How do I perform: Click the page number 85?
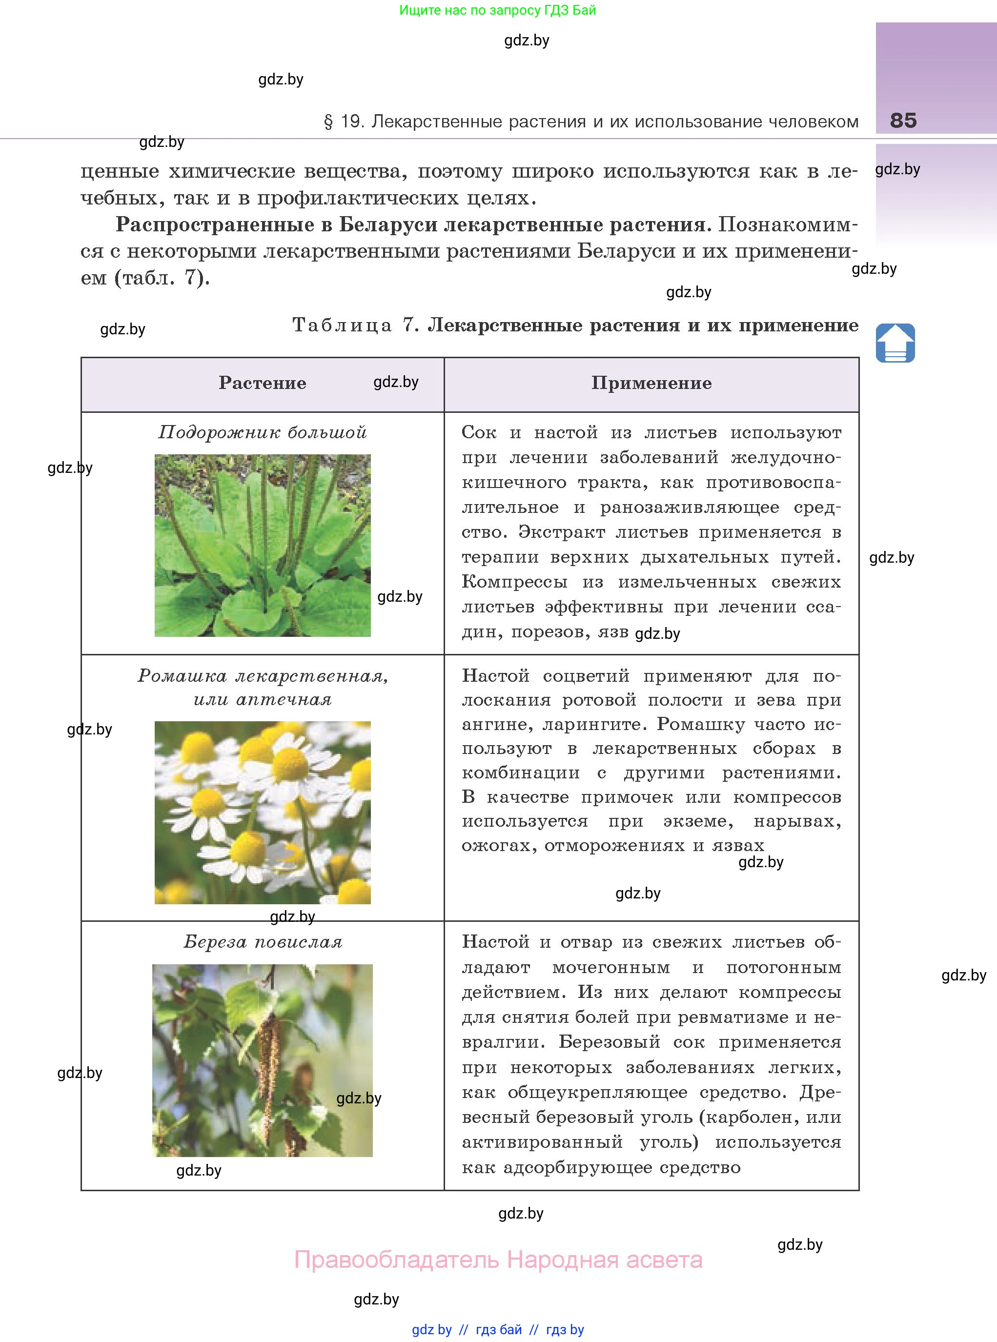903,120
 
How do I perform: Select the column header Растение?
263,383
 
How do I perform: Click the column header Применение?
651,383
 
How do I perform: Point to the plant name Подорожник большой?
263,432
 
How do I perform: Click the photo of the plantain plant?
263,546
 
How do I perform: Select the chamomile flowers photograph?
263,812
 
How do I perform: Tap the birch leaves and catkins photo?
263,1060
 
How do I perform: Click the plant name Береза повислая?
263,942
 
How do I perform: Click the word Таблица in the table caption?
342,325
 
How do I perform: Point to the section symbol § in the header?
328,122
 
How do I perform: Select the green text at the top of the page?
497,10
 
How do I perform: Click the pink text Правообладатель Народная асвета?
498,1260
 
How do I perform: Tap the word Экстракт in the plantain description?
561,532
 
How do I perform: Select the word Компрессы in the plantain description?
514,582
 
